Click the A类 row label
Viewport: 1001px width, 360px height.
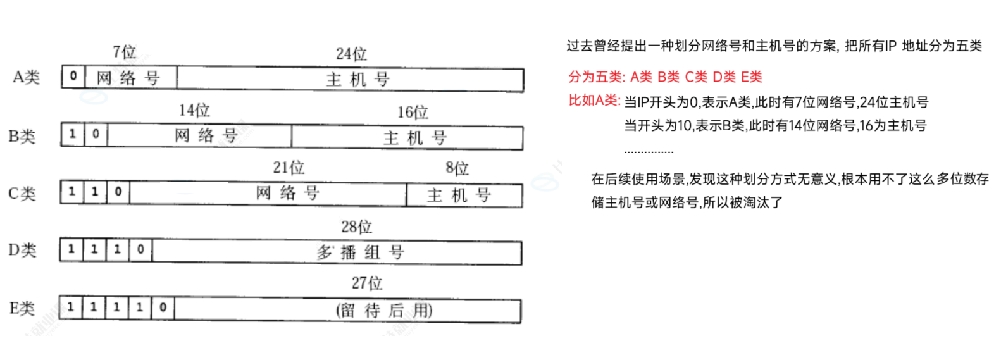26,77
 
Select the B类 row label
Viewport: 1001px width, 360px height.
22,136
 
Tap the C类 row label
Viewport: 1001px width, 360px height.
22,194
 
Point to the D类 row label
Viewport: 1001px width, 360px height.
22,251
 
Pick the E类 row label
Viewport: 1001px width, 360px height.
22,308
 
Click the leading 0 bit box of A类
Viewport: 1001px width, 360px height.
73,77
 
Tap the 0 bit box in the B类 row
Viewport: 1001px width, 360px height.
96,134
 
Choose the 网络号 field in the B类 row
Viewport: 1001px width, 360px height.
199,135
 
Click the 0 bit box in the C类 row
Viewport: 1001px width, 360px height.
118,192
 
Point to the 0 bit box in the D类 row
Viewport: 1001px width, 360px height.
140,250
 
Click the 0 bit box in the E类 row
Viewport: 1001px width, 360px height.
163,307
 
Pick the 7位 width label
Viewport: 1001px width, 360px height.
124,51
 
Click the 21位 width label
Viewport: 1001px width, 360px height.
289,168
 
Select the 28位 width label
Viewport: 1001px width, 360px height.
356,227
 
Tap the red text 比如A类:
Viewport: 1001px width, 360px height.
594,100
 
